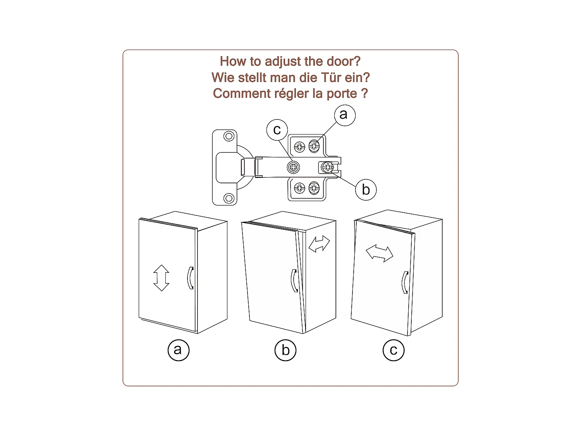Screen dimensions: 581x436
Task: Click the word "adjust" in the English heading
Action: pyautogui.click(x=283, y=62)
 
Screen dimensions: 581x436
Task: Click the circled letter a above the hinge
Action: pyautogui.click(x=345, y=115)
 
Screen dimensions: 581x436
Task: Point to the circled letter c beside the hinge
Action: pyautogui.click(x=277, y=130)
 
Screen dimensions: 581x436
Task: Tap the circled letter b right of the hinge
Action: pyautogui.click(x=366, y=190)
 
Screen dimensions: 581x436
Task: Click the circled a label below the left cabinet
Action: pyautogui.click(x=179, y=350)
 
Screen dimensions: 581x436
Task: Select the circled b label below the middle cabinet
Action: pyautogui.click(x=285, y=350)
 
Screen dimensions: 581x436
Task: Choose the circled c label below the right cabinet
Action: pyautogui.click(x=394, y=350)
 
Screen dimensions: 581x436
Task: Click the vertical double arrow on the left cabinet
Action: pyautogui.click(x=161, y=278)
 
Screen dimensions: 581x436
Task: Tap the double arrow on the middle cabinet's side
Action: pyautogui.click(x=319, y=243)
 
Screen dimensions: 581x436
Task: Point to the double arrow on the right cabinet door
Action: pyautogui.click(x=379, y=253)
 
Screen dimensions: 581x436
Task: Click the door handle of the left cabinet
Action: pyautogui.click(x=190, y=278)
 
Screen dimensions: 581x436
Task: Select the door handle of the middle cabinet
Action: pyautogui.click(x=294, y=281)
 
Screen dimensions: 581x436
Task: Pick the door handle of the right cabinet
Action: pyautogui.click(x=405, y=283)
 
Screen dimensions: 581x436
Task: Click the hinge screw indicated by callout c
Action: pyautogui.click(x=293, y=167)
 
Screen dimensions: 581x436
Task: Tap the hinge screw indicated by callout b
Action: pyautogui.click(x=327, y=167)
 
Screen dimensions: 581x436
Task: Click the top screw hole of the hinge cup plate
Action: pyautogui.click(x=229, y=136)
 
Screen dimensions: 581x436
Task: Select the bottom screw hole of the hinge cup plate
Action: pyautogui.click(x=229, y=198)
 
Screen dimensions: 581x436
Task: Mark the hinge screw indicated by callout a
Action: pyautogui.click(x=314, y=146)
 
